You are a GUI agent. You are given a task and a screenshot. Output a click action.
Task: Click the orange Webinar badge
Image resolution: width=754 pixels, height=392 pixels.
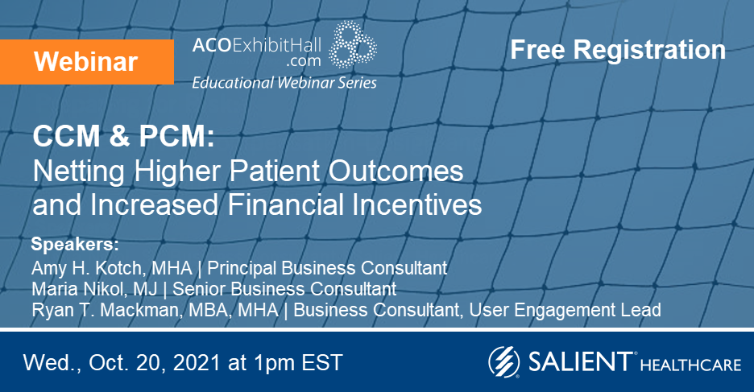pos(86,60)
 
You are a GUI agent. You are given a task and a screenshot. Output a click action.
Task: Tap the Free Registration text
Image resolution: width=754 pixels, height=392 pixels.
pos(618,50)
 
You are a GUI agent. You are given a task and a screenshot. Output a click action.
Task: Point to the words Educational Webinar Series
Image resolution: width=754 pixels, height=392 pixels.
pos(284,82)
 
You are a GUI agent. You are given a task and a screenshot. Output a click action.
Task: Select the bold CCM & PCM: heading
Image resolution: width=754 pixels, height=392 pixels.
pos(123,138)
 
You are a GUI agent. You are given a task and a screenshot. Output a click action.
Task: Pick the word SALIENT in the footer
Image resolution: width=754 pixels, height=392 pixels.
pos(578,362)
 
